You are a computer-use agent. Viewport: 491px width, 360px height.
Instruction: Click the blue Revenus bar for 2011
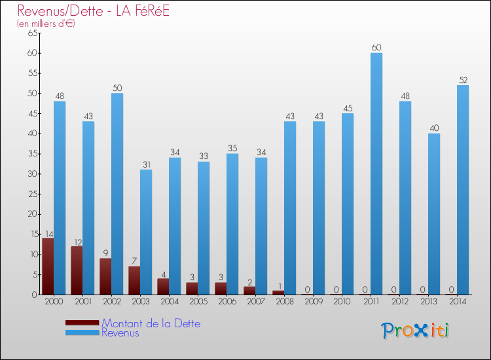(x=376, y=173)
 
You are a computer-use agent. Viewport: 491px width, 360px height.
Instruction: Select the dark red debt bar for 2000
(x=48, y=266)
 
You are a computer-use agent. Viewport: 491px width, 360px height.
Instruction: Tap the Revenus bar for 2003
(x=146, y=232)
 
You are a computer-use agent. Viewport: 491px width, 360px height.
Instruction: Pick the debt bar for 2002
(x=105, y=276)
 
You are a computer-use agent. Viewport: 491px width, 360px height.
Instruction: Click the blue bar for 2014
(x=463, y=190)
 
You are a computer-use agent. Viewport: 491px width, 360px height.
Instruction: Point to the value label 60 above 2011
(x=376, y=47)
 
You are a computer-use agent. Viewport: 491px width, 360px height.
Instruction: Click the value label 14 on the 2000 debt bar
(x=48, y=234)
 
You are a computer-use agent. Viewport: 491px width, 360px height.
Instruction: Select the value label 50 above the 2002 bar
(x=117, y=88)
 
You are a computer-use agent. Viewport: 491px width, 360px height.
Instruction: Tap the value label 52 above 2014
(x=463, y=80)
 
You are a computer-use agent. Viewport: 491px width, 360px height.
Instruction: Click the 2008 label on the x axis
(x=284, y=302)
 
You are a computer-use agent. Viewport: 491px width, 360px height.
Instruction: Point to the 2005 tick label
(x=198, y=302)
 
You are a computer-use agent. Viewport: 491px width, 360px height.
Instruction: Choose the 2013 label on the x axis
(x=428, y=302)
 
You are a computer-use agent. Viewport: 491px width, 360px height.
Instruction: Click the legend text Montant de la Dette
(x=151, y=323)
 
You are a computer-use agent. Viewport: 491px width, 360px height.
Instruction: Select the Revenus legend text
(x=120, y=333)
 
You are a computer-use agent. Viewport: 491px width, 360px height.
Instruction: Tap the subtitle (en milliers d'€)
(x=46, y=24)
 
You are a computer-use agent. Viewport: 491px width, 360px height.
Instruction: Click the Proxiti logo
(x=415, y=330)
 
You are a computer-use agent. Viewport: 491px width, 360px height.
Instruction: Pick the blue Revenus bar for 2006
(x=232, y=224)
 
